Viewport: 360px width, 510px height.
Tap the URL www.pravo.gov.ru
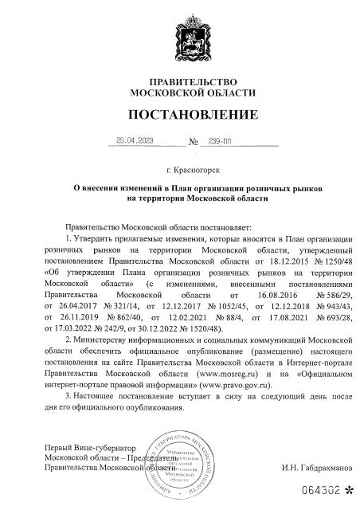click(237, 382)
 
